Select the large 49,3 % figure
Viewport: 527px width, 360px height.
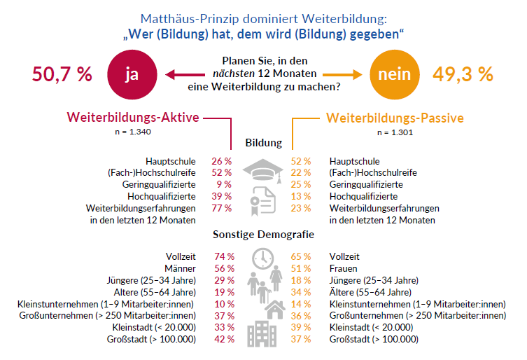tap(463, 74)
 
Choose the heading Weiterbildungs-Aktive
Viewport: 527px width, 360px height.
tap(133, 118)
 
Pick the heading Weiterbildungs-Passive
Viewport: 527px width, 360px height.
tap(395, 118)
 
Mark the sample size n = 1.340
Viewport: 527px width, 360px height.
tap(133, 131)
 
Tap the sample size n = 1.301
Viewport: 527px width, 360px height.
tap(395, 131)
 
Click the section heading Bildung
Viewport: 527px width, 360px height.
tap(263, 143)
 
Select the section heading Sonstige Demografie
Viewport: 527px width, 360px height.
tap(263, 235)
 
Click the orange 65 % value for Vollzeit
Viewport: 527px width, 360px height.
tap(301, 257)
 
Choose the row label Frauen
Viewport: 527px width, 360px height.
tap(344, 268)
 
